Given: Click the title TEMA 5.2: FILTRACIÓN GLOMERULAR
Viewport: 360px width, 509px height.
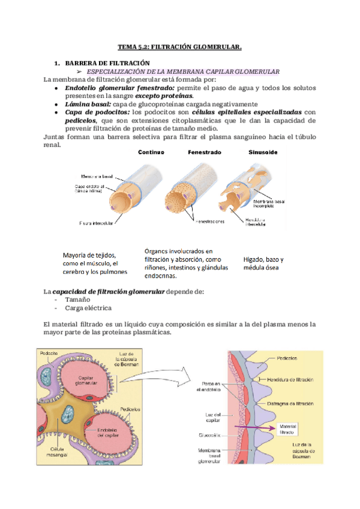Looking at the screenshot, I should point(179,46).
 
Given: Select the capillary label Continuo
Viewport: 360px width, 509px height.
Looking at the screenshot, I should point(151,152).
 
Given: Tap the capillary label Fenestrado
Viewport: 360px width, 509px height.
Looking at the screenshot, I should point(205,152).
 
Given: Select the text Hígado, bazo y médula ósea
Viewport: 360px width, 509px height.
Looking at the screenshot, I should point(263,264).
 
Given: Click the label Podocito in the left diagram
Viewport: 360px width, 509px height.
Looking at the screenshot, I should point(49,354).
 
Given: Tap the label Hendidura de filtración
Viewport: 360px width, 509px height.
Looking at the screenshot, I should point(291,379).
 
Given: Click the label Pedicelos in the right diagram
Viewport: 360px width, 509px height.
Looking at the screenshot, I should point(289,359).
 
